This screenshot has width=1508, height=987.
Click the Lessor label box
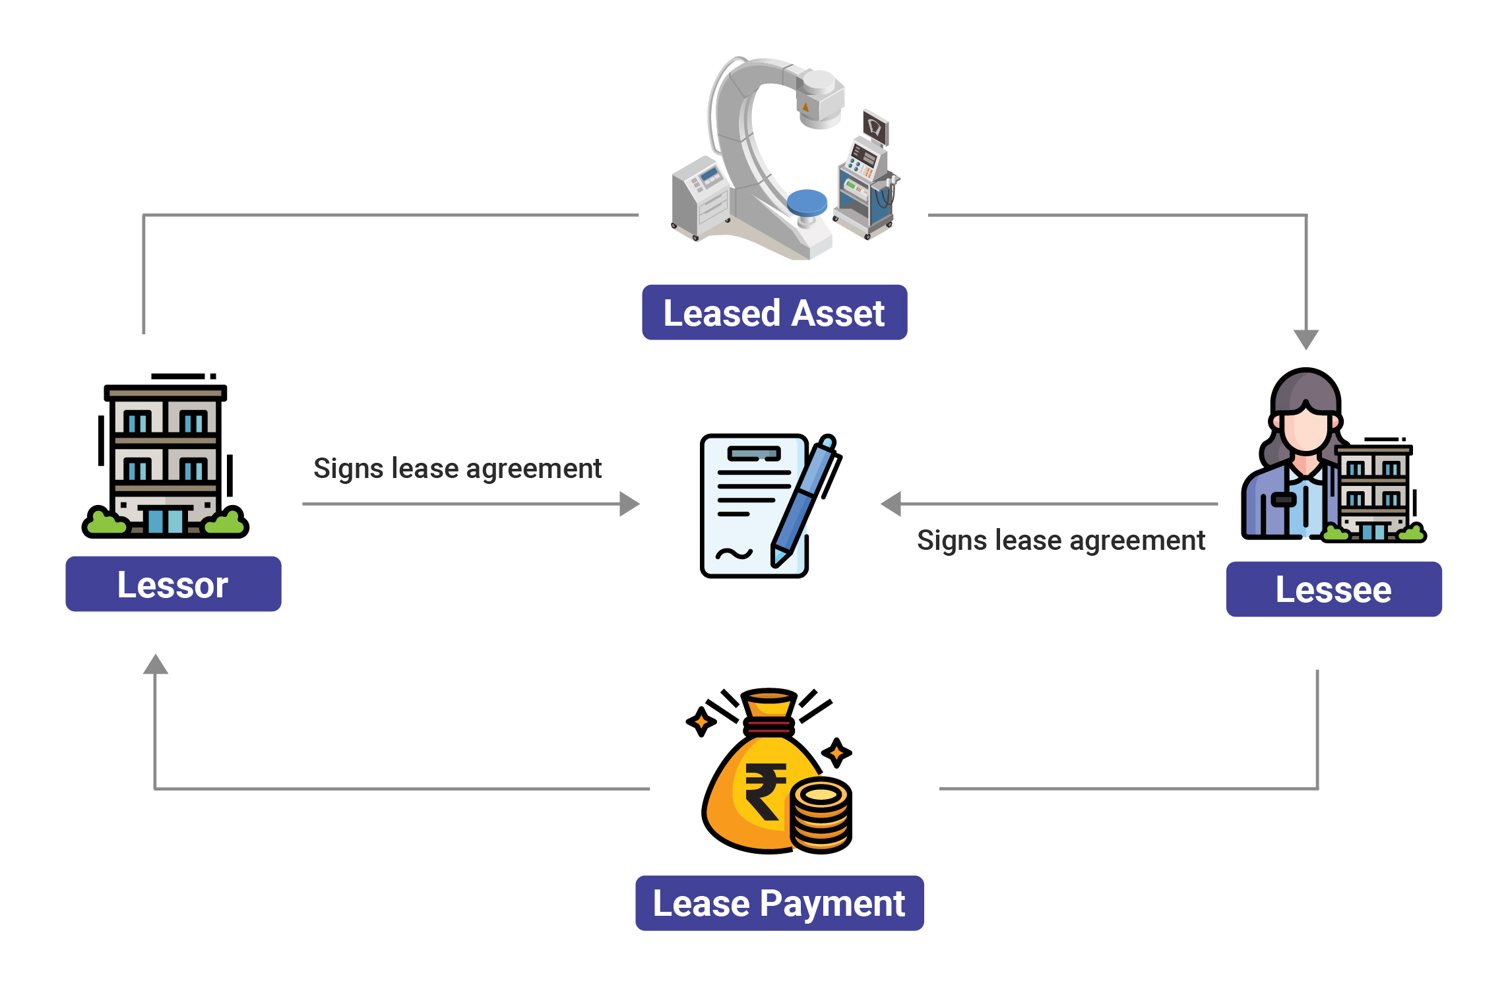click(x=173, y=584)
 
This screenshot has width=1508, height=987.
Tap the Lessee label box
click(x=1333, y=589)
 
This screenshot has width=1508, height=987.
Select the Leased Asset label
click(x=774, y=313)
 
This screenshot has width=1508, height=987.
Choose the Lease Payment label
click(x=779, y=903)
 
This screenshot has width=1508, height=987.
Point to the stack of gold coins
click(x=821, y=816)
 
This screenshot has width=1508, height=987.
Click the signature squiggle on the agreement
click(x=734, y=553)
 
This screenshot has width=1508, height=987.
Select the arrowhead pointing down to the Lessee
click(x=1305, y=339)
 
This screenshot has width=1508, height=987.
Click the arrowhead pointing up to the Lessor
click(x=156, y=665)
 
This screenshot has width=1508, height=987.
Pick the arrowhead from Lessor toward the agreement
click(x=629, y=504)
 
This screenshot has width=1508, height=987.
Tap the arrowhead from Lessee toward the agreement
click(x=891, y=504)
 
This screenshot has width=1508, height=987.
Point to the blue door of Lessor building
click(x=166, y=521)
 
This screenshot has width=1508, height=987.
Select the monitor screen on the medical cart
click(x=875, y=126)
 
